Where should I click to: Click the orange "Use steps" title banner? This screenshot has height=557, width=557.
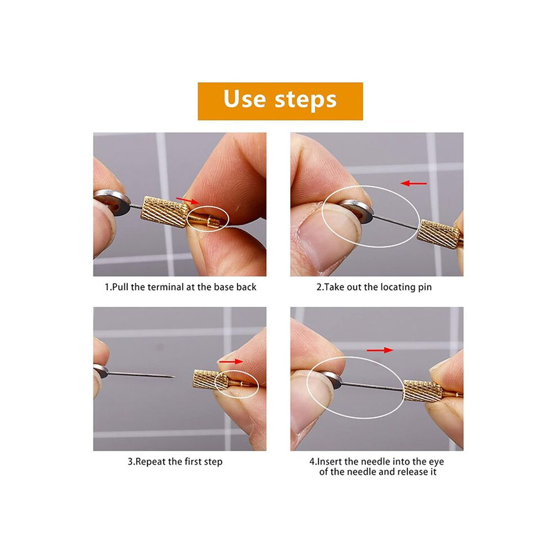(280, 101)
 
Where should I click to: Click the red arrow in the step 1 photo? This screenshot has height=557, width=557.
(187, 201)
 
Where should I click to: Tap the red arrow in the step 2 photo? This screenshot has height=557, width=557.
(414, 183)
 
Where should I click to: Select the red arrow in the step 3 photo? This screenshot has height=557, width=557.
(231, 362)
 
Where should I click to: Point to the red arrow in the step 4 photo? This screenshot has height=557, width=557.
(380, 351)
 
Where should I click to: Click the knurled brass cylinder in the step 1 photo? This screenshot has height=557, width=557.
(165, 212)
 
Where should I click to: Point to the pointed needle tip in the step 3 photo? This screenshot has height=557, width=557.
(174, 376)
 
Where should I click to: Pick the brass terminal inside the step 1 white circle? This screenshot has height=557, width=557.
(206, 220)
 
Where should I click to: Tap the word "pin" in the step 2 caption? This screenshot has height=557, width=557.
(424, 288)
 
